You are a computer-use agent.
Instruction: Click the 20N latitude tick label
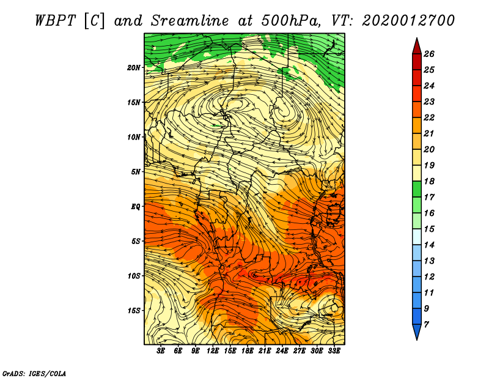[x=134, y=67]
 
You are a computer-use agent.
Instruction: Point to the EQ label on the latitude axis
[x=136, y=207]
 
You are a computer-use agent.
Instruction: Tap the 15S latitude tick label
[x=134, y=311]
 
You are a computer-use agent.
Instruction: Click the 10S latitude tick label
[x=134, y=276]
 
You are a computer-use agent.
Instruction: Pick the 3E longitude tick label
[x=161, y=351]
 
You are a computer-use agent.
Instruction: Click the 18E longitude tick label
[x=248, y=351]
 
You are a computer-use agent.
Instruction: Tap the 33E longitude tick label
[x=334, y=351]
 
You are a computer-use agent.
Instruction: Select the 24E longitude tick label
[x=282, y=351]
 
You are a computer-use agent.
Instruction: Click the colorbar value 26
[x=429, y=54]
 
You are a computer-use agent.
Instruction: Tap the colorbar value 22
[x=429, y=117]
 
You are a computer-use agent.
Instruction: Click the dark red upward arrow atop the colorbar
[x=416, y=45]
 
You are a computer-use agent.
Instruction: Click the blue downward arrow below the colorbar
[x=416, y=332]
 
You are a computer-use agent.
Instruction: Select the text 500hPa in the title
[x=290, y=20]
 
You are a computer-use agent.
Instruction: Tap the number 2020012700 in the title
[x=408, y=20]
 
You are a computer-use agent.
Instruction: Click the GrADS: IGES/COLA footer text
[x=34, y=372]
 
